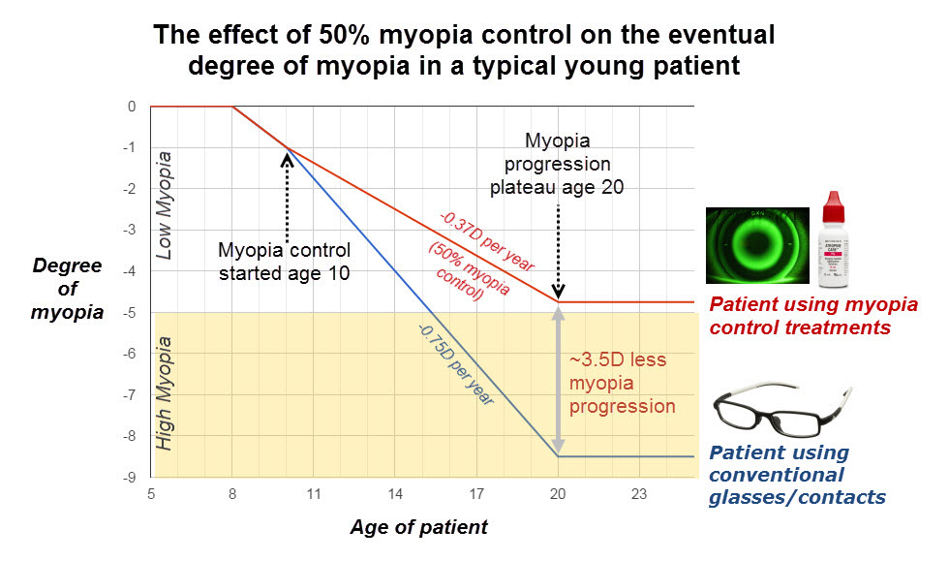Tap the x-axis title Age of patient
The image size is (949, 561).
pos(419,528)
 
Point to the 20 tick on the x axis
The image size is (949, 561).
pos(558,493)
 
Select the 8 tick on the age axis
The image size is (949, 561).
pos(232,493)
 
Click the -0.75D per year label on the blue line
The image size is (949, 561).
pos(456,364)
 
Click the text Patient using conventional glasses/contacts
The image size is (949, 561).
pos(796,475)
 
